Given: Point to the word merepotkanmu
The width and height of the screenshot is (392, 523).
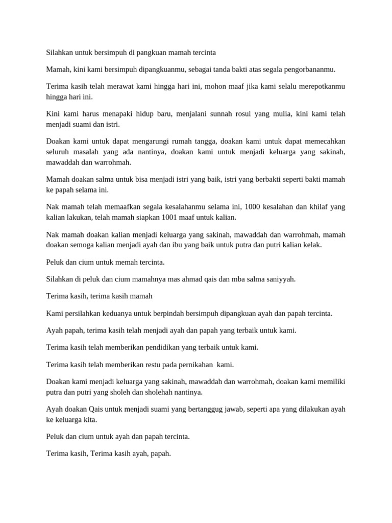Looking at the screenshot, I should [x=320, y=86].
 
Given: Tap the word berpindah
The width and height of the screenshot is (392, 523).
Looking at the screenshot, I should [x=161, y=313].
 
